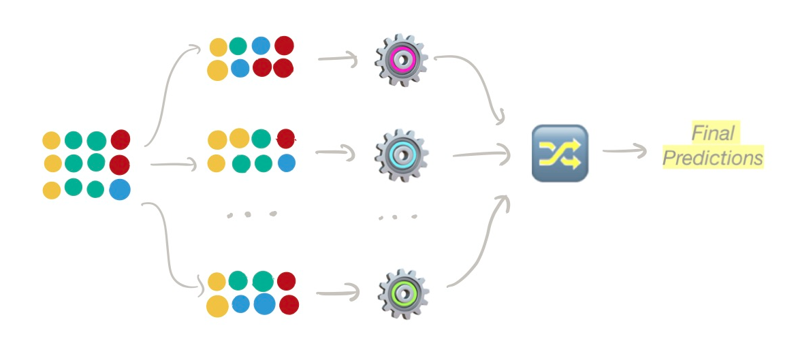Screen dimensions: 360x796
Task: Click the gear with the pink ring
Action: pos(401,60)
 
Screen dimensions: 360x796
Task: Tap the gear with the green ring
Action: pos(404,293)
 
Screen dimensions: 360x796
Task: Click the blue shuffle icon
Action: pos(559,153)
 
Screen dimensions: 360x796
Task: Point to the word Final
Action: pos(714,133)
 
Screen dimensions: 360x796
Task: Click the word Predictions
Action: pos(713,159)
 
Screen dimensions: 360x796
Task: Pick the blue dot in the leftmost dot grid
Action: pos(119,189)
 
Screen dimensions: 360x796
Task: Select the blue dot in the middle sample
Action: pos(287,163)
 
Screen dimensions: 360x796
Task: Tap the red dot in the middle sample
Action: pos(287,139)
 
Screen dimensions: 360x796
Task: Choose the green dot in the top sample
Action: pos(238,46)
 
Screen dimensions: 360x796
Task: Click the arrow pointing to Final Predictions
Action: pos(623,151)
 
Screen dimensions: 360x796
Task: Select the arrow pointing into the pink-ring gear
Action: pos(338,60)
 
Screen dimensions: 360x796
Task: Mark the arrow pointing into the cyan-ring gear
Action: pos(338,153)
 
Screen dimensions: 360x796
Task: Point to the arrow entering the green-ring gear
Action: pos(338,293)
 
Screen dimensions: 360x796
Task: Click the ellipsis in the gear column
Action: pos(398,217)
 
